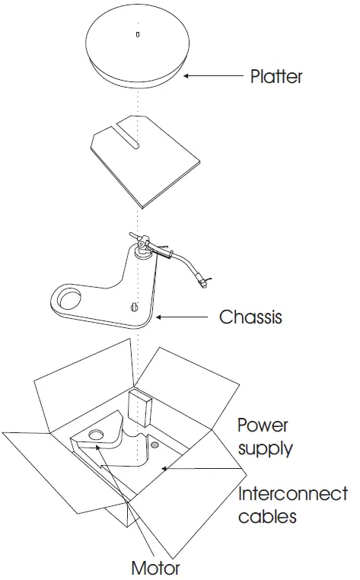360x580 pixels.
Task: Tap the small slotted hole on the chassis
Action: (135, 308)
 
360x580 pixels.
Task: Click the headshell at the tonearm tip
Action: (203, 284)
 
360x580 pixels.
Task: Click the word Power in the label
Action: (263, 425)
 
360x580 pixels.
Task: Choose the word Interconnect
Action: (293, 494)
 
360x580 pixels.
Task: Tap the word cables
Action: (266, 517)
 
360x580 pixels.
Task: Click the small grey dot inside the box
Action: (155, 444)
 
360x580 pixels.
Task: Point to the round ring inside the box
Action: (97, 435)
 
